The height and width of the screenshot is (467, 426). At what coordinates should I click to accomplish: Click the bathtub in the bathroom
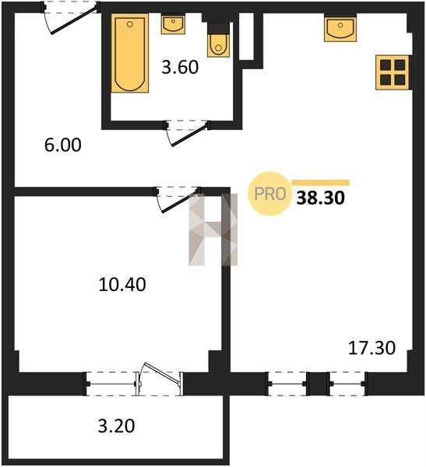click(x=130, y=53)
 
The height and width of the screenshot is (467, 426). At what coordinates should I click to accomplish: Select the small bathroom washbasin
click(x=173, y=23)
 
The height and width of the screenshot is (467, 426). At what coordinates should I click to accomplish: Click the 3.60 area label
click(x=180, y=67)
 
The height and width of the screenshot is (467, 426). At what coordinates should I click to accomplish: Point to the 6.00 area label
click(x=63, y=146)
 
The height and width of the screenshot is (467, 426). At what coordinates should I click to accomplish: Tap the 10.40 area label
click(x=122, y=284)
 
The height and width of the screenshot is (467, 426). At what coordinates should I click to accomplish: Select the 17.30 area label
click(x=371, y=348)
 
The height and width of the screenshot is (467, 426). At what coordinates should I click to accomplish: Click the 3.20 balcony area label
click(x=116, y=426)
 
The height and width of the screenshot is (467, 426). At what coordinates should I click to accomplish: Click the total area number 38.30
click(x=320, y=198)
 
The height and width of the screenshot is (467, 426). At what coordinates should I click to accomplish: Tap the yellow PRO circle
click(x=269, y=194)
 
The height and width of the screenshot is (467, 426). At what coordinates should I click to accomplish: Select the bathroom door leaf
click(x=189, y=135)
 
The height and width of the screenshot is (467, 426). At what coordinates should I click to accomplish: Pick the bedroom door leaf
click(x=181, y=202)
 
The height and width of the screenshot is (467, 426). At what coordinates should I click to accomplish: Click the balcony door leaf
click(x=163, y=373)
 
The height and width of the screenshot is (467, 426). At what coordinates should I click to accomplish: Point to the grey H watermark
click(x=213, y=230)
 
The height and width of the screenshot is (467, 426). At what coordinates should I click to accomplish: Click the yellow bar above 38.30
click(x=320, y=183)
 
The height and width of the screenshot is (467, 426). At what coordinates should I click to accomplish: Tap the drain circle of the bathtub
click(x=130, y=24)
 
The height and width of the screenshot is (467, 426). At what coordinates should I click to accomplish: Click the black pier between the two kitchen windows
click(x=319, y=384)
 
